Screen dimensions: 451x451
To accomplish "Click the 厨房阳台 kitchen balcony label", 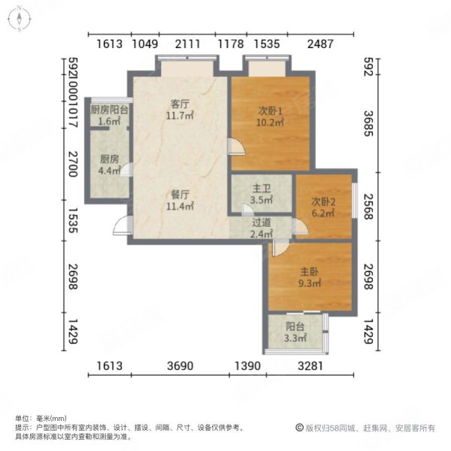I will coord(109,110).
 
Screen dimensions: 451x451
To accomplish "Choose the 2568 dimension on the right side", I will coord(368,206).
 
